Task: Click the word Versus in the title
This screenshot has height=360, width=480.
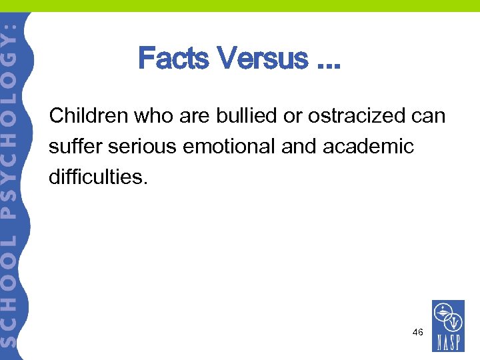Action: (262, 59)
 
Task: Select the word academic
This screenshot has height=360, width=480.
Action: (368, 146)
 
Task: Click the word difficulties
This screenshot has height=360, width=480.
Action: (96, 177)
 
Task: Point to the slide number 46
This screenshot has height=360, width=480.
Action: (418, 331)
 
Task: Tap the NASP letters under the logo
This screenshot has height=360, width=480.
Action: (448, 342)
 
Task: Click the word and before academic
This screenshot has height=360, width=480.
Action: (299, 146)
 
